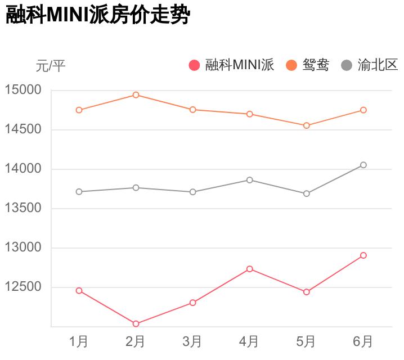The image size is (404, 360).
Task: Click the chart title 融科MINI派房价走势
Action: pyautogui.click(x=97, y=15)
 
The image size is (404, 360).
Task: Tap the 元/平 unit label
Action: pyautogui.click(x=51, y=66)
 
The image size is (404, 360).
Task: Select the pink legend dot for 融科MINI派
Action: pyautogui.click(x=194, y=65)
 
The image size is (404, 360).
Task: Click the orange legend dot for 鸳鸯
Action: pyautogui.click(x=291, y=65)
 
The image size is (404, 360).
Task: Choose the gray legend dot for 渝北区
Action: pyautogui.click(x=347, y=65)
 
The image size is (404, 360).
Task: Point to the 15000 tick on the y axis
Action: pyautogui.click(x=24, y=90)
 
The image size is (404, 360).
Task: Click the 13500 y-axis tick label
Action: pyautogui.click(x=24, y=208)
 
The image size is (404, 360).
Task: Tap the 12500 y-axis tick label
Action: pyautogui.click(x=24, y=287)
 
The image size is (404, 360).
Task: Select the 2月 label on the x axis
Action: pyautogui.click(x=136, y=341)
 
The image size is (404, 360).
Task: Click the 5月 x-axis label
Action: pyautogui.click(x=306, y=341)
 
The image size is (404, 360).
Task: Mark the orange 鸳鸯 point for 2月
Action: pyautogui.click(x=136, y=95)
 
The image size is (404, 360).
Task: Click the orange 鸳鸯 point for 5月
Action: pyautogui.click(x=306, y=125)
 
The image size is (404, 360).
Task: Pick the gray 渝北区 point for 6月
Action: pyautogui.click(x=363, y=165)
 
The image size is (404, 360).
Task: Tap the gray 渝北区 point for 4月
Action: pyautogui.click(x=249, y=180)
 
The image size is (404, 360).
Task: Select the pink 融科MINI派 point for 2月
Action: pyautogui.click(x=136, y=323)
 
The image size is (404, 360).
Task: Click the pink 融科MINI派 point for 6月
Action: pyautogui.click(x=363, y=255)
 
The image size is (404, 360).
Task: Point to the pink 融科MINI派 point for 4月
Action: pyautogui.click(x=249, y=269)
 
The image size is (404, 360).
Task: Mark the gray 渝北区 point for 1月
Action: pyautogui.click(x=79, y=192)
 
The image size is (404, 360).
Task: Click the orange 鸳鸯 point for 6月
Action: pyautogui.click(x=363, y=110)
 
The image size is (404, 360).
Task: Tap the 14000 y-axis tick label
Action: pyautogui.click(x=24, y=169)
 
